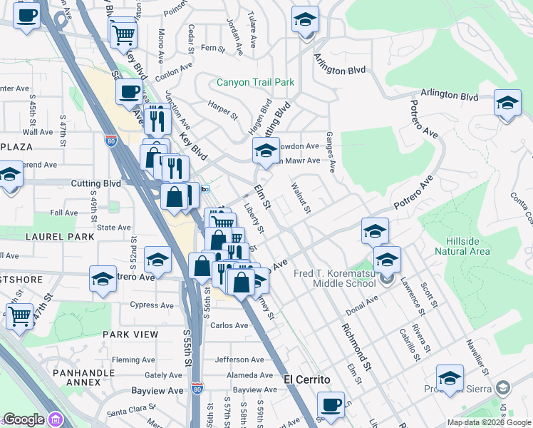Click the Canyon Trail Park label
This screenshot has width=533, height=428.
point(256,83)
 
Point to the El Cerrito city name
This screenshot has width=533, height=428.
point(305,379)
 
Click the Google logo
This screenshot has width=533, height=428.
point(24,419)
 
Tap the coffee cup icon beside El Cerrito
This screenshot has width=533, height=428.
point(331,405)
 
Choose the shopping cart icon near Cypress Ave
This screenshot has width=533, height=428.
point(19,315)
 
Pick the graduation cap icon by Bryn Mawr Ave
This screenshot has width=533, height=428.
point(266,151)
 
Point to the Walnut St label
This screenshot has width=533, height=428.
point(301,198)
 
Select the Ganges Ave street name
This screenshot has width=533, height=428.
point(330,151)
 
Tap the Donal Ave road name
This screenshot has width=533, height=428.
point(361,307)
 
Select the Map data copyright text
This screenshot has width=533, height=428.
point(490,422)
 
